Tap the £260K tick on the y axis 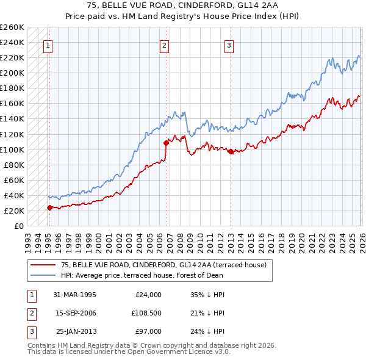pos(13,27)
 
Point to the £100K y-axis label pos(13,149)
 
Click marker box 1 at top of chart pos(48,45)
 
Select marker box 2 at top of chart pos(164,45)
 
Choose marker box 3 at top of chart pos(229,45)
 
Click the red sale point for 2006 pos(166,143)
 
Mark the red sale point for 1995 pos(50,207)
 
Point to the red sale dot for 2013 pos(231,152)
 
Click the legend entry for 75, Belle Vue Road pos(163,265)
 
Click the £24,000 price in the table pos(148,295)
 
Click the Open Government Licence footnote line pos(129,352)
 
